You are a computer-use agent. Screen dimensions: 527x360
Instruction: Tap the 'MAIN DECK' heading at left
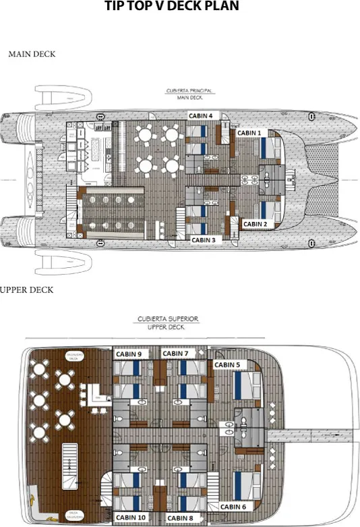pos(32,54)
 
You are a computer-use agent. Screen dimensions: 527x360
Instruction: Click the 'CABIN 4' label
pos(200,115)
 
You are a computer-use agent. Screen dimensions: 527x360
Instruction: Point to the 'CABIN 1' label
pos(249,134)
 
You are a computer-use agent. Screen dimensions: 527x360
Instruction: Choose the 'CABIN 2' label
pos(256,223)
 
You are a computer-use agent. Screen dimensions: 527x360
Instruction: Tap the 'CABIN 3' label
pos(203,240)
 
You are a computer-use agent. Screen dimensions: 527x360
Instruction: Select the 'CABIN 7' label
pos(175,354)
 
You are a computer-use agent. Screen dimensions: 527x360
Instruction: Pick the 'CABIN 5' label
pos(227,365)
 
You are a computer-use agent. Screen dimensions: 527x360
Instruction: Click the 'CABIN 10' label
pos(131,518)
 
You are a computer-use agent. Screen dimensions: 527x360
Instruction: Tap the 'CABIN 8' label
pos(181,518)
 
